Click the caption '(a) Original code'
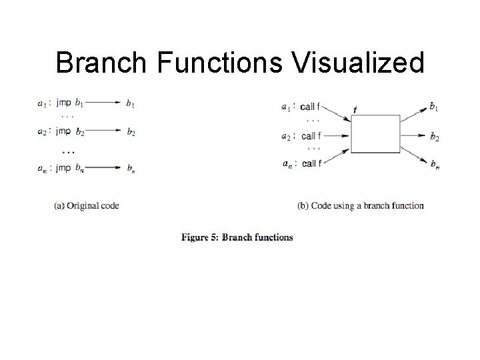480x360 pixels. tap(87, 206)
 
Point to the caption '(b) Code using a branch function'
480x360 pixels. tap(361, 206)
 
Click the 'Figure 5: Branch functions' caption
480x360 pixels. tap(237, 237)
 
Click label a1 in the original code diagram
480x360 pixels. tap(43, 103)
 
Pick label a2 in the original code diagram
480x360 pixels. tap(43, 132)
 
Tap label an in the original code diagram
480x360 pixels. tap(43, 168)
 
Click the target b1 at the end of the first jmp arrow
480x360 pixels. tap(130, 103)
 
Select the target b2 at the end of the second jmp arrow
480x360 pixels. tap(130, 132)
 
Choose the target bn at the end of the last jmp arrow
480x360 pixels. tap(130, 168)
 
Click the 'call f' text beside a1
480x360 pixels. tap(310, 106)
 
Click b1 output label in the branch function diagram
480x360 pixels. tap(434, 106)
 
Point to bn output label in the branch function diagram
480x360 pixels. tap(434, 164)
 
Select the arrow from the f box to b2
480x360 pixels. tap(413, 136)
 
